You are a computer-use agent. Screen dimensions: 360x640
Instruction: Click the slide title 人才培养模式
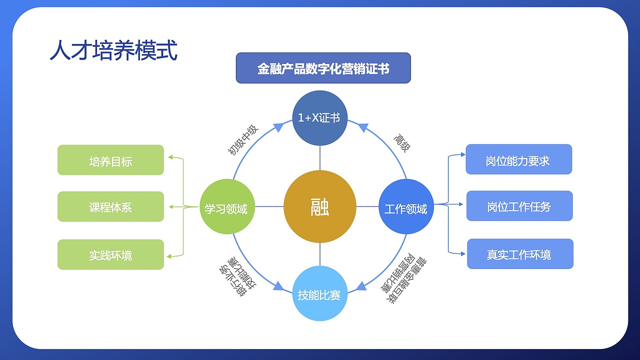pos(114,51)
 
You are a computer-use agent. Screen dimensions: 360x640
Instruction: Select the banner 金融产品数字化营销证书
pos(323,68)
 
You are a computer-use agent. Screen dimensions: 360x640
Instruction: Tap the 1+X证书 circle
pos(319,118)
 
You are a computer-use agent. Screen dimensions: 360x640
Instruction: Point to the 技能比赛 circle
pos(319,294)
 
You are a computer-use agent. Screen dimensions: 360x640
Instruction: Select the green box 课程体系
pos(110,206)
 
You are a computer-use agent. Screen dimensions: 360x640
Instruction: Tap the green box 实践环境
pos(110,254)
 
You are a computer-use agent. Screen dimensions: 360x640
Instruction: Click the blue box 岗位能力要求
pos(518,159)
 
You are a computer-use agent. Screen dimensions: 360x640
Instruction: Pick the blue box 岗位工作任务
pos(519,206)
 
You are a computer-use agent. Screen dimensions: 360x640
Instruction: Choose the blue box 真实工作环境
pos(520,254)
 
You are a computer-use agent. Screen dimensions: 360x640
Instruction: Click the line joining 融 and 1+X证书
pos(319,158)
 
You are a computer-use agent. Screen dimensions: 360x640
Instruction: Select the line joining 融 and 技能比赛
pos(319,254)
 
